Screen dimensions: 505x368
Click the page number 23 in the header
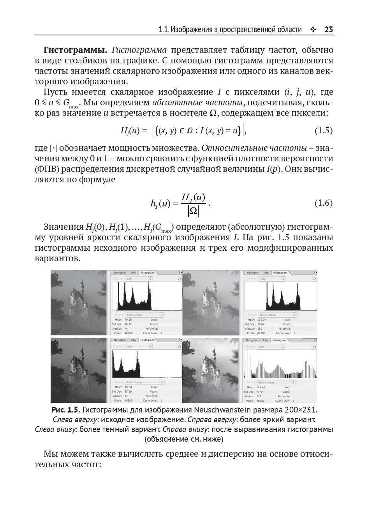pyautogui.click(x=328, y=30)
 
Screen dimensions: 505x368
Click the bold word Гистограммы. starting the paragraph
pyautogui.click(x=76, y=50)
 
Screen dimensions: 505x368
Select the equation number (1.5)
pyautogui.click(x=323, y=131)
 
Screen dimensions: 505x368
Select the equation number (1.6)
pyautogui.click(x=323, y=203)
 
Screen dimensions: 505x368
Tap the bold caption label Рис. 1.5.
pyautogui.click(x=65, y=410)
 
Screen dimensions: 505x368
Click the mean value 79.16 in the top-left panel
pyautogui.click(x=128, y=319)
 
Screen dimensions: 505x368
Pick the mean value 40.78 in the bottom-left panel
pyautogui.click(x=128, y=387)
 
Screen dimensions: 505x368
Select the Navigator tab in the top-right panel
pyautogui.click(x=253, y=273)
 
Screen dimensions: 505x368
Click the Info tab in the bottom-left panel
pyautogui.click(x=133, y=340)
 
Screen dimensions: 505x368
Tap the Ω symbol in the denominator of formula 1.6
pyautogui.click(x=193, y=211)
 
